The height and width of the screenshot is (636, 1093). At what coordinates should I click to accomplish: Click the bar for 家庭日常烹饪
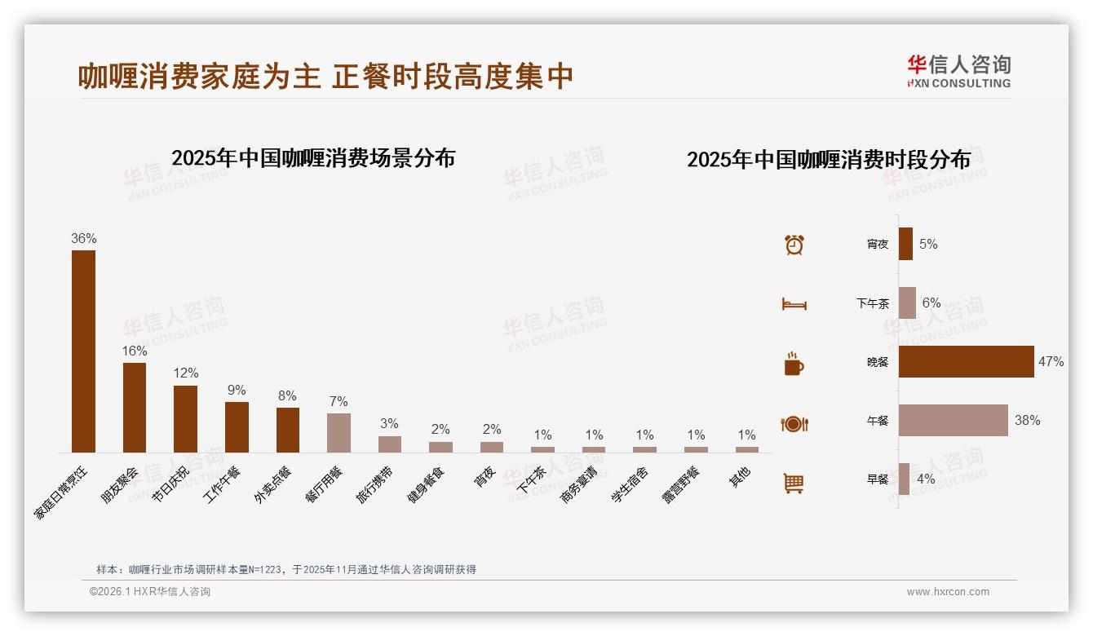click(83, 351)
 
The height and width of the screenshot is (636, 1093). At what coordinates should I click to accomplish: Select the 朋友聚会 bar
click(135, 407)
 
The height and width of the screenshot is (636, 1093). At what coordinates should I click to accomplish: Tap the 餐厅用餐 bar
click(339, 432)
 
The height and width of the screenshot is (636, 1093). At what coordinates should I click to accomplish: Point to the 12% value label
click(185, 373)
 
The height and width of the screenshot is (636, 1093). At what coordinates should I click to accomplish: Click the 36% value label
click(83, 239)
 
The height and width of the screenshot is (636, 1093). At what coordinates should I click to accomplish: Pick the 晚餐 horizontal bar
click(966, 361)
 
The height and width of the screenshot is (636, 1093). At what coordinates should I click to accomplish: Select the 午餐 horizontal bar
click(953, 421)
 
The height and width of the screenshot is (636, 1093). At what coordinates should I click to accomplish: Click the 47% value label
click(1051, 361)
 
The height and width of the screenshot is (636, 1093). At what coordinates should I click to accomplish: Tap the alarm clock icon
click(794, 245)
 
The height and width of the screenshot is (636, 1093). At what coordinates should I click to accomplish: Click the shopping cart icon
click(794, 483)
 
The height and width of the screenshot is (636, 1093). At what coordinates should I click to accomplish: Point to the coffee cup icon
click(794, 364)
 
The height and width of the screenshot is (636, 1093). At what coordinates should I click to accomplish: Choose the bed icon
click(794, 304)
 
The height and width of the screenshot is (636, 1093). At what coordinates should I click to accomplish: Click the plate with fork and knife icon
click(794, 424)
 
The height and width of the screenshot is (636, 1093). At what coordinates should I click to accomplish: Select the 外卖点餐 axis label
click(272, 485)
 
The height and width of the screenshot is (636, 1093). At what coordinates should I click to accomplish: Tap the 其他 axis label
click(740, 478)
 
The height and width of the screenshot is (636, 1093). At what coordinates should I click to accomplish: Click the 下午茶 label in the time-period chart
click(872, 303)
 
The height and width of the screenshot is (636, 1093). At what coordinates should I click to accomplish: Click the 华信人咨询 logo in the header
click(958, 71)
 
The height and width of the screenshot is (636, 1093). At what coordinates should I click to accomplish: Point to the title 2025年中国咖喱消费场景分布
click(312, 158)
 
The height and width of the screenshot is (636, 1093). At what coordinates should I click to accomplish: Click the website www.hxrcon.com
click(948, 592)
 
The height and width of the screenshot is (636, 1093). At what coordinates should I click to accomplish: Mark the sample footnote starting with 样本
click(285, 569)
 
